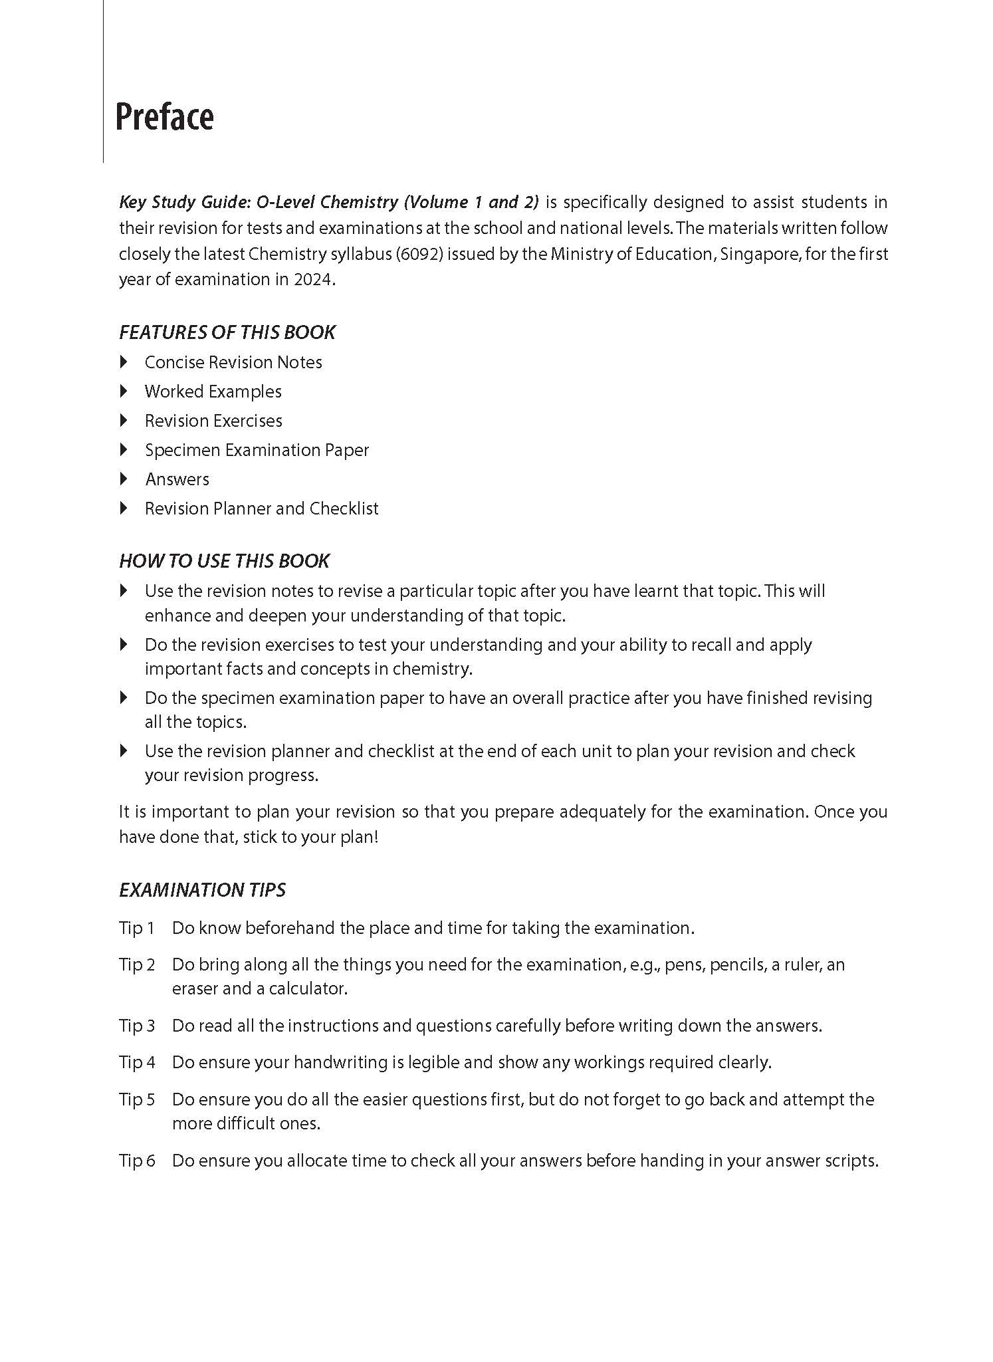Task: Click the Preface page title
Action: (x=164, y=117)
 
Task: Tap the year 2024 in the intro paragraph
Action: (x=312, y=280)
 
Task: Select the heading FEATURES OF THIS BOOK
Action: (x=227, y=332)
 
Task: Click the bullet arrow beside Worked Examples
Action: (x=124, y=392)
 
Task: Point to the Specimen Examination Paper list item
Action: (x=257, y=450)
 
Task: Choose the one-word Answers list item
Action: (x=177, y=479)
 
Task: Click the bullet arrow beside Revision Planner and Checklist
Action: (x=124, y=509)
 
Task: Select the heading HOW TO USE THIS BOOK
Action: (x=224, y=561)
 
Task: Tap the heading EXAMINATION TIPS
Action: (x=202, y=890)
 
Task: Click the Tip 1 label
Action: (x=136, y=928)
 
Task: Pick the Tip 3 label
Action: (x=136, y=1026)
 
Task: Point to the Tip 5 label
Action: (x=136, y=1099)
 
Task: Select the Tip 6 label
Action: (x=136, y=1161)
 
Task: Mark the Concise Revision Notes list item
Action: (x=233, y=362)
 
